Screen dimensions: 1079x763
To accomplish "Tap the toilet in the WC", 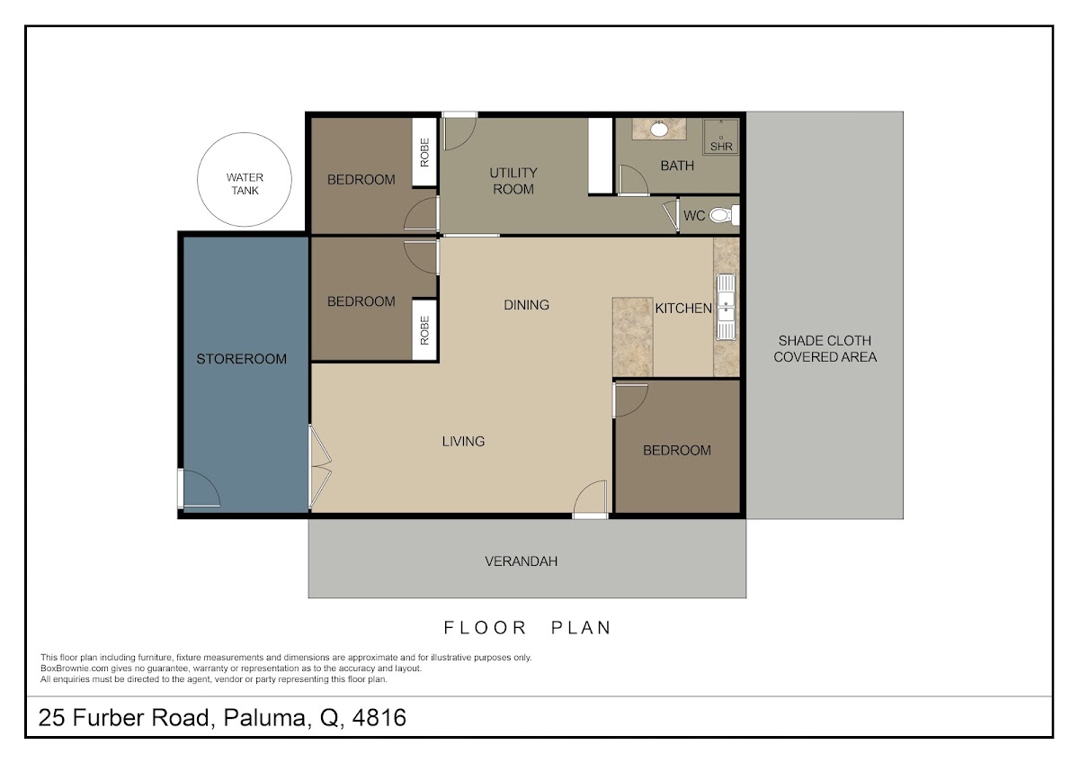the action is (x=724, y=215).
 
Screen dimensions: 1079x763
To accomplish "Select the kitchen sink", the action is (x=726, y=307).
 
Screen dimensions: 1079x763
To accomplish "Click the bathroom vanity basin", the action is (x=659, y=129).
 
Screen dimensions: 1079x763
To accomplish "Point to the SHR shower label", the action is (x=721, y=147).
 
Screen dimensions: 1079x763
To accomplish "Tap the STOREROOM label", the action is (x=241, y=359).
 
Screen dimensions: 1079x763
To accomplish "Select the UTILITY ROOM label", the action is (x=513, y=181).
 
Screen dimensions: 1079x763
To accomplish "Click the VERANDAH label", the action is (x=521, y=561).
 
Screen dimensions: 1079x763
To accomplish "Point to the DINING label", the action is (x=526, y=305).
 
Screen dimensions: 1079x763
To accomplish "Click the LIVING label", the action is (x=463, y=441).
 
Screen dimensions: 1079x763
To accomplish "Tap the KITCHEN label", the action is (x=683, y=308).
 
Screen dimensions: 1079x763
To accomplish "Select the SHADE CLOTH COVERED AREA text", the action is (x=825, y=348).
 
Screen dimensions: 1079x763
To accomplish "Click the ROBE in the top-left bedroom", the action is (x=424, y=152).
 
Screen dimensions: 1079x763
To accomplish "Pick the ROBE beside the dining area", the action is (x=424, y=330).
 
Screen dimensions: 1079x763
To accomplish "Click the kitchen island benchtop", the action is (x=632, y=337).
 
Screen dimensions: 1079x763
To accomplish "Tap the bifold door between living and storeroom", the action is (x=319, y=467).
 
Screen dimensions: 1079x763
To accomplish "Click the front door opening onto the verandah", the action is (x=590, y=499).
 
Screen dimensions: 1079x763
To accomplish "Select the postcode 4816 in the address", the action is (x=379, y=717).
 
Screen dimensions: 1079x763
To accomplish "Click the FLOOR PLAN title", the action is (x=527, y=627).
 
